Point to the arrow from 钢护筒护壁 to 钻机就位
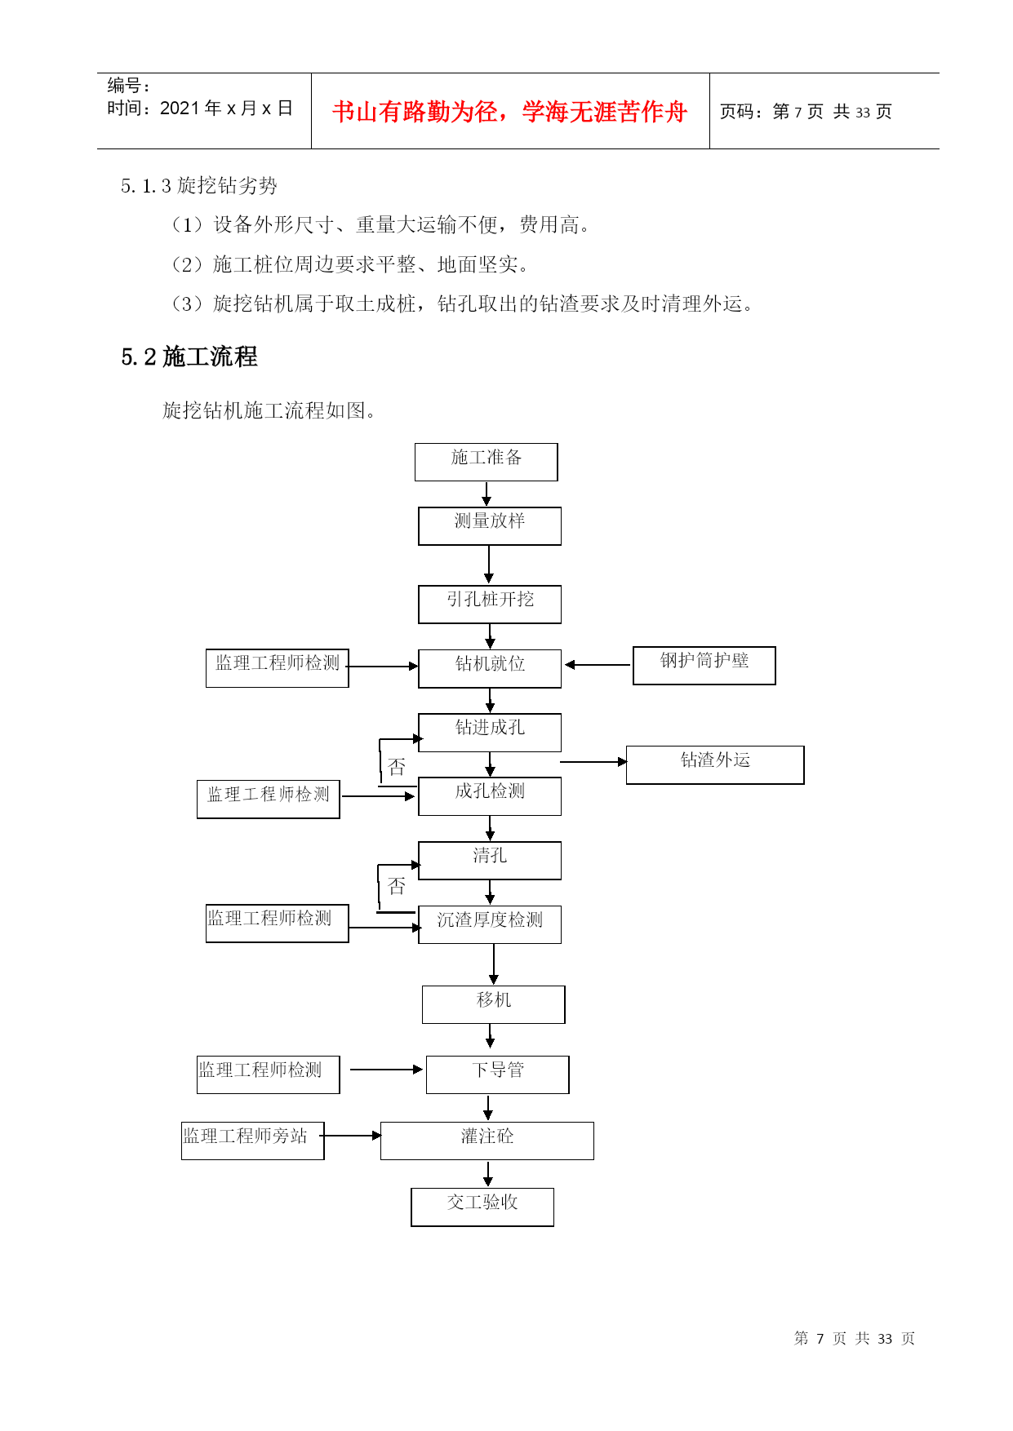point(598,665)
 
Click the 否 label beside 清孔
point(397,886)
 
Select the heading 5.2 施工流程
point(189,357)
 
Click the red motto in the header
point(509,112)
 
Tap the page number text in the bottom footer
point(855,1339)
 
